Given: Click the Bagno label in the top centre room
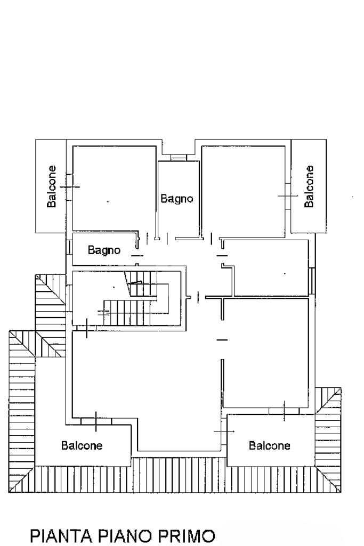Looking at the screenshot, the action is click(176, 199).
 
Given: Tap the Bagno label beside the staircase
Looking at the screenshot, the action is click(104, 250).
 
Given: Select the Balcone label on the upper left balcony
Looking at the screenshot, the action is click(52, 186).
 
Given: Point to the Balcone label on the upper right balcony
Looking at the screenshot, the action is click(309, 186).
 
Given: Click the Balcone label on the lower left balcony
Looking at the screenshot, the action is click(82, 445).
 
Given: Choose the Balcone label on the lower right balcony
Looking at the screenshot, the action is click(269, 445).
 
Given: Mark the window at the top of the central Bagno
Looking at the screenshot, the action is click(179, 158).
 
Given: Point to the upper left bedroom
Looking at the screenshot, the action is click(114, 188).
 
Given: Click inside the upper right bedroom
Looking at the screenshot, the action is click(243, 192).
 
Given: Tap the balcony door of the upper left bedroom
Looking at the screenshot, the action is click(69, 187).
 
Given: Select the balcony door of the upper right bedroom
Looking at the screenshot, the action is click(288, 196).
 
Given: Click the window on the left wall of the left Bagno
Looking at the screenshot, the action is click(69, 247).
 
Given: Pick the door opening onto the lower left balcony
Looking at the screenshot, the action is click(96, 421).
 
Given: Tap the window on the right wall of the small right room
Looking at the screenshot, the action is click(312, 281).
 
